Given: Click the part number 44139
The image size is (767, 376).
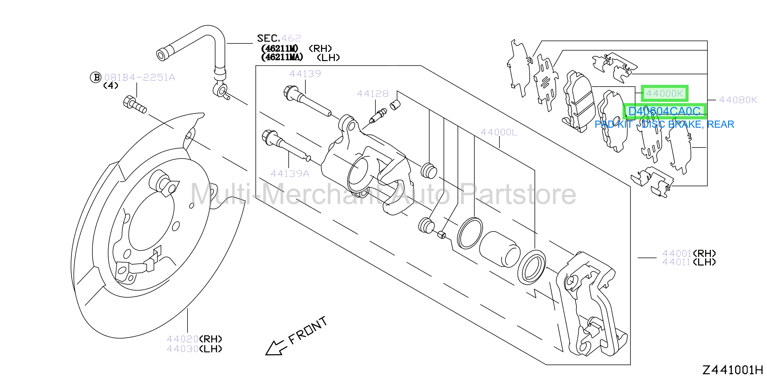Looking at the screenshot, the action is (x=305, y=74).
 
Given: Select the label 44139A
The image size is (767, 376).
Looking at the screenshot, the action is (x=290, y=174).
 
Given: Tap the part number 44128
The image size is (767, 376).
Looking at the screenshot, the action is (x=373, y=94).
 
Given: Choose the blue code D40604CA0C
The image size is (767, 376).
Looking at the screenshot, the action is (x=664, y=111).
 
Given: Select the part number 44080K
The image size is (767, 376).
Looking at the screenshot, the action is (x=738, y=100).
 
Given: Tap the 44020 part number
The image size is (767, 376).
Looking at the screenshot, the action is (x=182, y=339).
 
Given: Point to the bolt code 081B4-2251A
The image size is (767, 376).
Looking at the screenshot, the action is (x=139, y=78).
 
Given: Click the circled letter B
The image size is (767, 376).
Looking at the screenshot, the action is (x=96, y=77).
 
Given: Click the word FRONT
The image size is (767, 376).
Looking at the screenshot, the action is (x=307, y=330).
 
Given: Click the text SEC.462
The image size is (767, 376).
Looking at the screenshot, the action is (x=279, y=38).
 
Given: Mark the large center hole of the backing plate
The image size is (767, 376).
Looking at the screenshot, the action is (x=151, y=221).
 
